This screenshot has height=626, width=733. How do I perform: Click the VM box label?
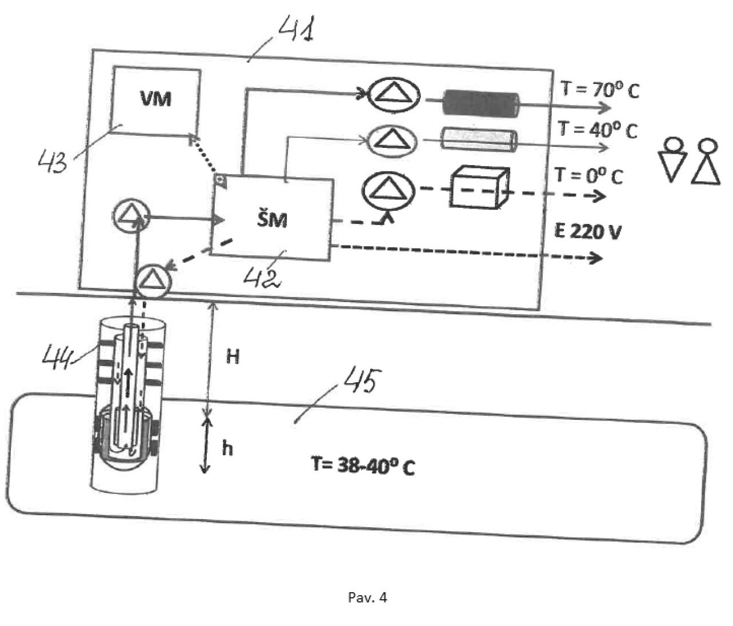pyautogui.click(x=156, y=99)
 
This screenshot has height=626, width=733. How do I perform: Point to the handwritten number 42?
pyautogui.click(x=262, y=278)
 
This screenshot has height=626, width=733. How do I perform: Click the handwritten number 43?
pyautogui.click(x=53, y=161)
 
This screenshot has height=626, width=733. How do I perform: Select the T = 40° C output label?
pyautogui.click(x=598, y=130)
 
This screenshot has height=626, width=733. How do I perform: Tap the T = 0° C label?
pyautogui.click(x=588, y=175)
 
